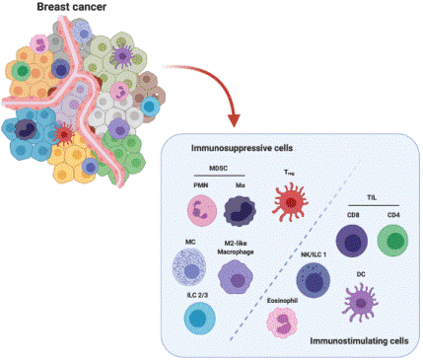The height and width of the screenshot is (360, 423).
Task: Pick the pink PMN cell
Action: [x=202, y=211]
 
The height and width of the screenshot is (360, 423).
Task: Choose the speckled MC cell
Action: [x=192, y=266]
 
